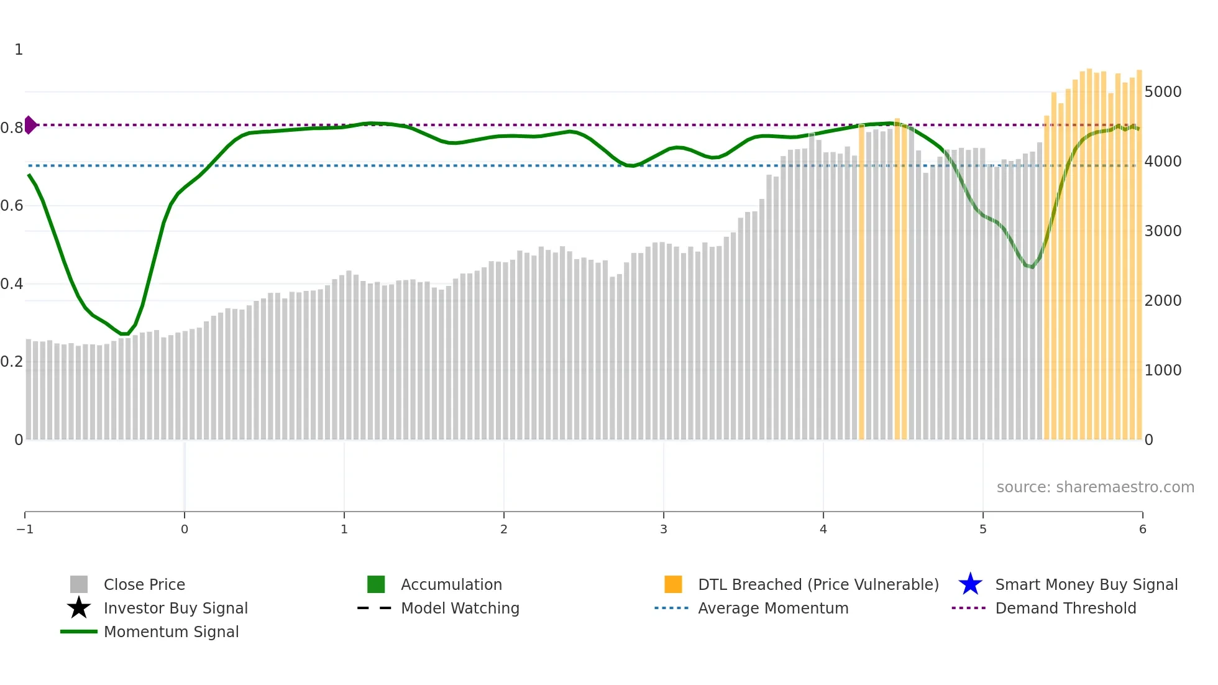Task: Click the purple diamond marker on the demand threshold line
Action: pyautogui.click(x=30, y=125)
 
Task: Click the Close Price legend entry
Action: pyautogui.click(x=144, y=584)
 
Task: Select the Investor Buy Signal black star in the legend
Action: pyautogui.click(x=79, y=608)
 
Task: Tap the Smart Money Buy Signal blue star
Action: pyautogui.click(x=970, y=584)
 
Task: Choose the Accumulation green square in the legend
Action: pyautogui.click(x=376, y=584)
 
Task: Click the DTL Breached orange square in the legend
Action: pyautogui.click(x=673, y=584)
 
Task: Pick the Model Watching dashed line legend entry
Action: pyautogui.click(x=459, y=608)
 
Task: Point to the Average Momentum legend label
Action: pyautogui.click(x=772, y=608)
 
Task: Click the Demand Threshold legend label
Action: pyautogui.click(x=1065, y=608)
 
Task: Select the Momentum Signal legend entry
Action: pyautogui.click(x=171, y=632)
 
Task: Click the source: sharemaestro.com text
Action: pyautogui.click(x=1095, y=487)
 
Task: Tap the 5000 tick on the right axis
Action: pyautogui.click(x=1163, y=92)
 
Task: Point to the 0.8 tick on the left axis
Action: pyautogui.click(x=12, y=128)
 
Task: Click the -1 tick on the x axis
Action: pyautogui.click(x=25, y=529)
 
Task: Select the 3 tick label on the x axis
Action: pyautogui.click(x=663, y=529)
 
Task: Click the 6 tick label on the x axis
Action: pyautogui.click(x=1142, y=529)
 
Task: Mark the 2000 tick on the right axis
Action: pyautogui.click(x=1163, y=301)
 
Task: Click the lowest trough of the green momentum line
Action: pyautogui.click(x=124, y=334)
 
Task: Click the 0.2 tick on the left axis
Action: pyautogui.click(x=12, y=362)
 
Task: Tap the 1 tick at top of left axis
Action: pyautogui.click(x=19, y=50)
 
